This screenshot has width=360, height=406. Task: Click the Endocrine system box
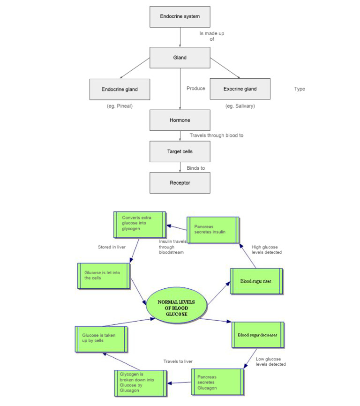point(180,17)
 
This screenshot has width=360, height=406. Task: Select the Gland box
point(180,58)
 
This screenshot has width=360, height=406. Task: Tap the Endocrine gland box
point(120,89)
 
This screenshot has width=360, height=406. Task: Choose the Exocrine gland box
point(240,89)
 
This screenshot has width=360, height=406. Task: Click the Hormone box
point(180,120)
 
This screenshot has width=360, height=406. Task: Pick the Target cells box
point(180,152)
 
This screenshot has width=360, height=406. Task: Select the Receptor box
point(180,183)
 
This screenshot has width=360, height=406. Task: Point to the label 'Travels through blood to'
point(216,135)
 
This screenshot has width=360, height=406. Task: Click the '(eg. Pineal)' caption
point(120,106)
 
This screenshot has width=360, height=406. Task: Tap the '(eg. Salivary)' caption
point(240,106)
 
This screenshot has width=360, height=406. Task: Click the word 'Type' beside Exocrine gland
point(300,89)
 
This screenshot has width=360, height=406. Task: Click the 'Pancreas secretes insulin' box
point(213,229)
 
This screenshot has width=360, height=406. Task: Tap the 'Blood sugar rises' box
point(256,281)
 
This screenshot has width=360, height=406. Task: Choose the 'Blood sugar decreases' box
point(258,335)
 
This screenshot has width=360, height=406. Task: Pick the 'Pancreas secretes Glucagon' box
point(217,383)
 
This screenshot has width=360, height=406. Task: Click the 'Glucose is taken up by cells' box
point(100,338)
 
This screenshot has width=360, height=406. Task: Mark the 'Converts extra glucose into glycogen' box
point(139,224)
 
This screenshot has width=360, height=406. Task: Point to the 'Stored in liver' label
point(112,247)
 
